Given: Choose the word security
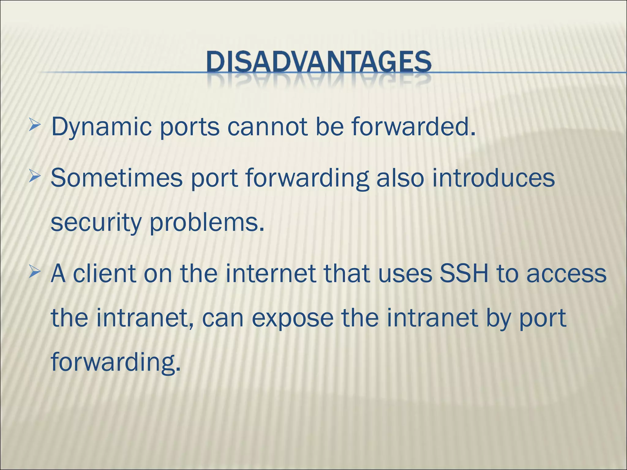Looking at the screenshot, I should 96,223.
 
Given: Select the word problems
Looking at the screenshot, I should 207,223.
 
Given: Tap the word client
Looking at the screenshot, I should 104,273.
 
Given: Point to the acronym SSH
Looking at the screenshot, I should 463,273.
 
